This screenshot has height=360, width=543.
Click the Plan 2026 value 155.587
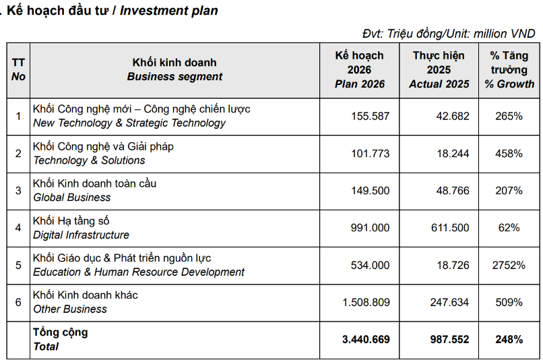coord(370,116)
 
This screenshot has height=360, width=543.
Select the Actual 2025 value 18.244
coord(453,154)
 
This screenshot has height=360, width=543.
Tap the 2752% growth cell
coord(509,265)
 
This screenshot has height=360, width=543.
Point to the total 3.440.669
coord(366,339)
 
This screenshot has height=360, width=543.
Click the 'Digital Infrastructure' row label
coord(81,235)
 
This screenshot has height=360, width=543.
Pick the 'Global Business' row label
coord(72,198)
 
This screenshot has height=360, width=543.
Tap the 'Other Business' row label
coord(70,309)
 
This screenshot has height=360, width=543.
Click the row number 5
coord(18,265)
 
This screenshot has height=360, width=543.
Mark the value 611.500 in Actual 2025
coord(450,228)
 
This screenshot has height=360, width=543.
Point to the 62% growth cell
coord(509,228)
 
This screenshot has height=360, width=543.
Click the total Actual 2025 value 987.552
coord(450,339)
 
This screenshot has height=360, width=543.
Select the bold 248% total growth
coord(509,339)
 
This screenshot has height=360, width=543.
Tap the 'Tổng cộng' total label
coord(60,332)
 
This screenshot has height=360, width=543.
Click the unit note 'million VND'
coord(504,34)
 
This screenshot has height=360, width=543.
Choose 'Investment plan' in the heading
coord(169,11)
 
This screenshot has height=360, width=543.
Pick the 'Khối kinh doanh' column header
coord(174,63)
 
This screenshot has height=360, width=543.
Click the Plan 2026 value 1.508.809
coord(366,302)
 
